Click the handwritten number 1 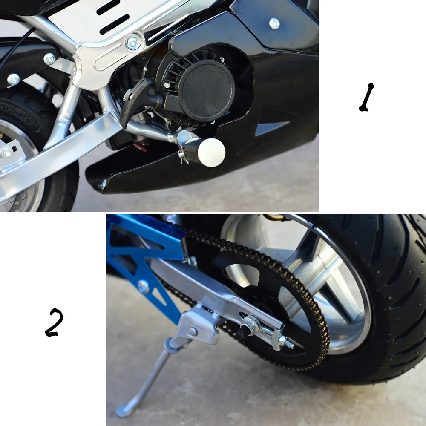[x=366, y=98]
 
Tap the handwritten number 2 [x=54, y=322]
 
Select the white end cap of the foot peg [x=212, y=152]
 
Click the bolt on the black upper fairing [x=274, y=24]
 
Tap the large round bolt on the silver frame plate [x=134, y=42]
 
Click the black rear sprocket [x=273, y=298]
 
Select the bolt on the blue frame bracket [x=144, y=286]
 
